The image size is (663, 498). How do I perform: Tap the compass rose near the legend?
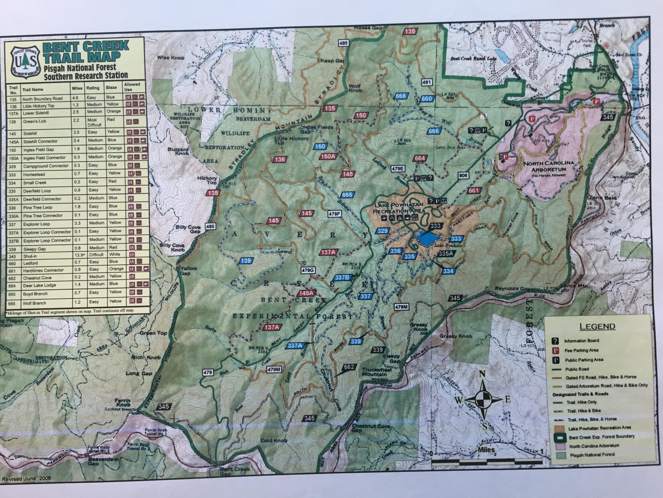pyautogui.click(x=484, y=399)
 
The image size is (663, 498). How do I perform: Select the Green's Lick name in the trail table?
pyautogui.click(x=34, y=122)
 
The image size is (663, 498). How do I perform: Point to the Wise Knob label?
pyautogui.click(x=171, y=58)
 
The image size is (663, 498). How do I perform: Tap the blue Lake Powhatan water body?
pyautogui.click(x=427, y=239)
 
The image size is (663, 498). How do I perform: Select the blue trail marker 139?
pyautogui.click(x=245, y=261)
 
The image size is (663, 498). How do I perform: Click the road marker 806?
pyautogui.click(x=463, y=175)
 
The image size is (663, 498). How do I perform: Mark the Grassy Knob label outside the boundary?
pyautogui.click(x=456, y=336)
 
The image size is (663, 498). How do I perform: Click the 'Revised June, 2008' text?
pyautogui.click(x=26, y=479)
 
